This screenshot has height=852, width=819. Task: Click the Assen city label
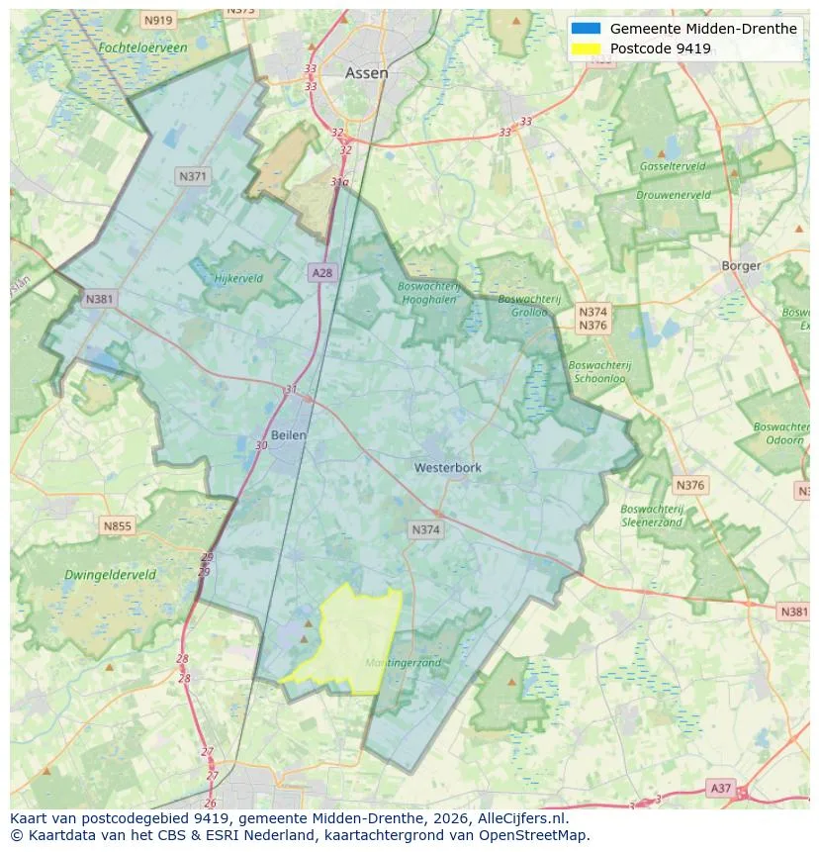[366, 73]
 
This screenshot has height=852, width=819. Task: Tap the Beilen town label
[288, 435]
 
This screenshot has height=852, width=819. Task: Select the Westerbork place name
[448, 467]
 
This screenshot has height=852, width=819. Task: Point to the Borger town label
[741, 265]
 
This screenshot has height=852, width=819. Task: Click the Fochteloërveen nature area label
[142, 47]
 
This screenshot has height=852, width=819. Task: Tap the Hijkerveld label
[238, 279]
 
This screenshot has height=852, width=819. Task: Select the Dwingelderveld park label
[110, 574]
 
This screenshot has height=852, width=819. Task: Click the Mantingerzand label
[403, 662]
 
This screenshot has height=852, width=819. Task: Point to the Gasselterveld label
[672, 166]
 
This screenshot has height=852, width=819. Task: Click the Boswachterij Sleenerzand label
[651, 516]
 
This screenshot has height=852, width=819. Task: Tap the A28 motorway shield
[320, 272]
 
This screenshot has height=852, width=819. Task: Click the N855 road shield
[117, 526]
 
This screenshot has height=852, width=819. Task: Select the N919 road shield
[157, 20]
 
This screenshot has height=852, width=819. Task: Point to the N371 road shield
[192, 176]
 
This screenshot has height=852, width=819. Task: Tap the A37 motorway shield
[721, 789]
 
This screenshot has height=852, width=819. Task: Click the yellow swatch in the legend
[586, 48]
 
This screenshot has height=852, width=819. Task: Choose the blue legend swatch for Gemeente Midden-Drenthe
[586, 29]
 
